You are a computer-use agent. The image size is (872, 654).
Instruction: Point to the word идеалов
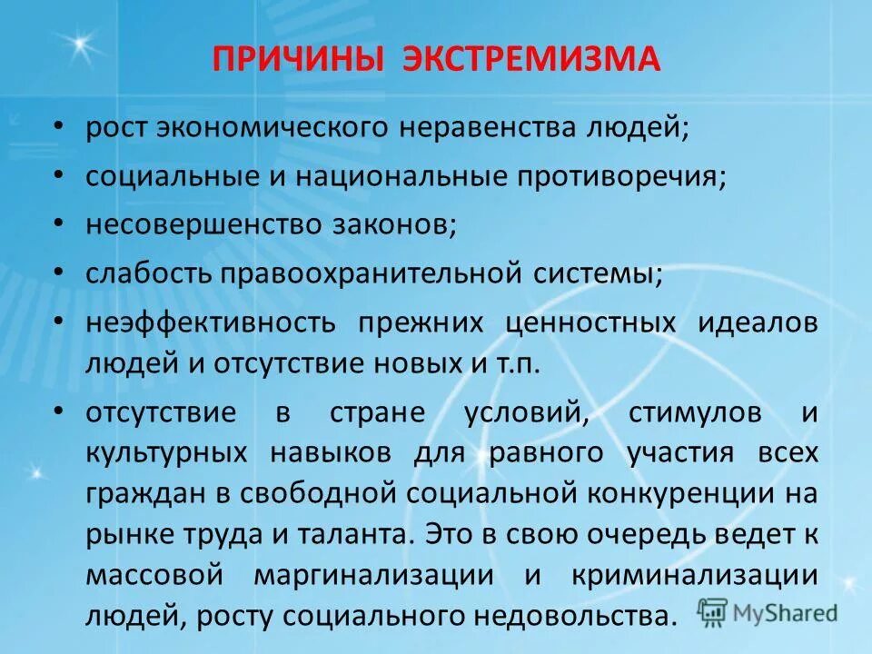758,322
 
